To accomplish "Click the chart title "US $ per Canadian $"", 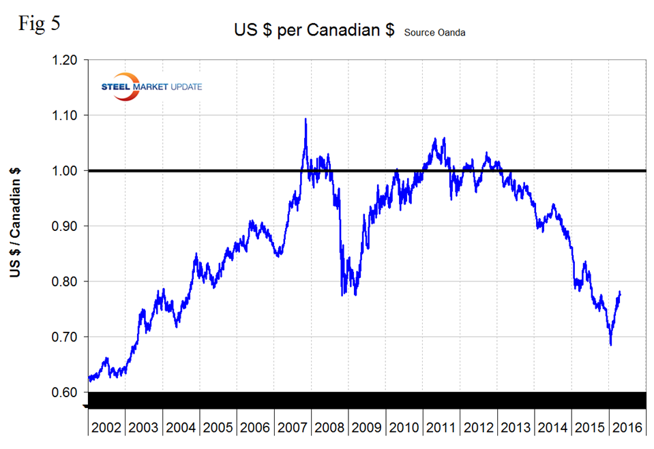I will pyautogui.click(x=314, y=31).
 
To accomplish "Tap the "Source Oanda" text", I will pyautogui.click(x=435, y=33).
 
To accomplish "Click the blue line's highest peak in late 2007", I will pyautogui.click(x=305, y=119).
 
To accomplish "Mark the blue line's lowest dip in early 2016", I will pyautogui.click(x=611, y=345).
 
